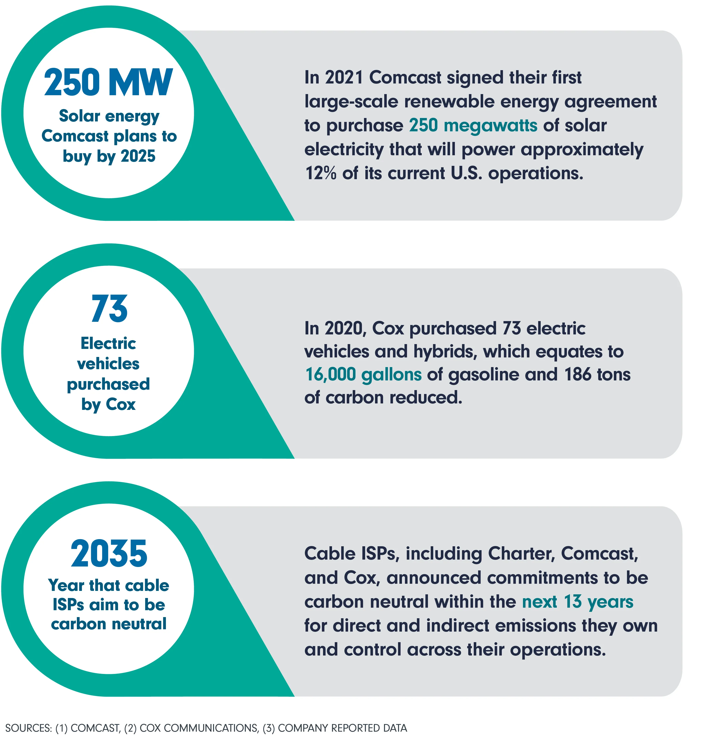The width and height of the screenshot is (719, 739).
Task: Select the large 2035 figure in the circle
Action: tap(109, 554)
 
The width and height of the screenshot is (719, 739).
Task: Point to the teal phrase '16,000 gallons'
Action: tap(363, 375)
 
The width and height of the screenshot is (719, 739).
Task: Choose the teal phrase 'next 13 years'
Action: tap(578, 602)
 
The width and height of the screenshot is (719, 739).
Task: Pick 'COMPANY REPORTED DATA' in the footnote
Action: tap(343, 728)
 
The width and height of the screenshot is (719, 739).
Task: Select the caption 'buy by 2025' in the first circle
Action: tap(109, 156)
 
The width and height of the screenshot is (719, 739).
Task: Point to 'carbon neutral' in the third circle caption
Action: tap(109, 624)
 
